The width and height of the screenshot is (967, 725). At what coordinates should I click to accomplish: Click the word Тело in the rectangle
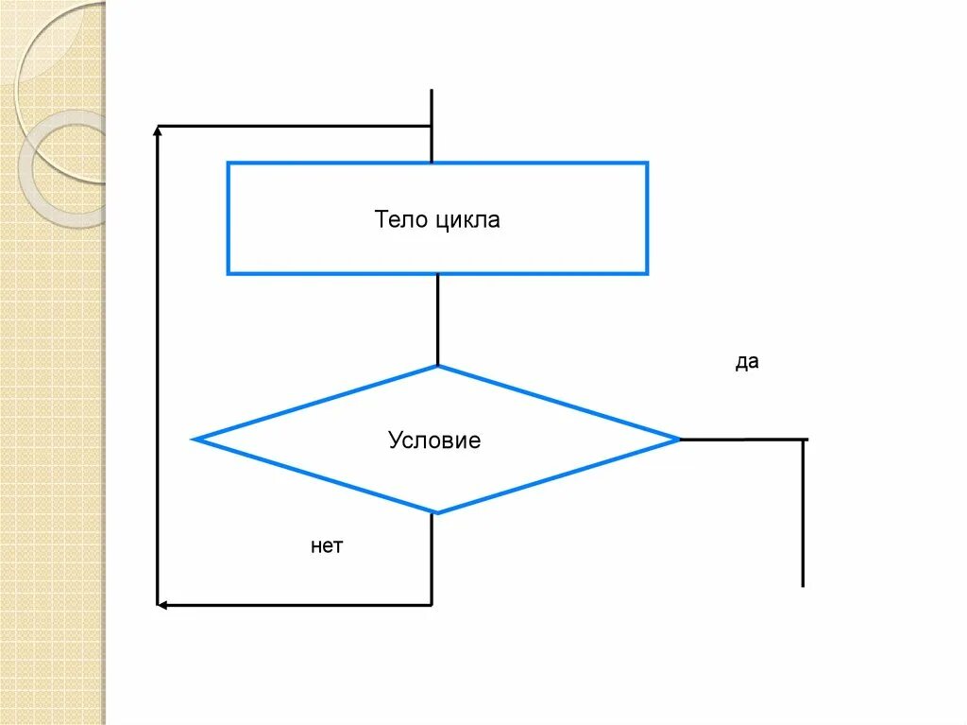tap(401, 221)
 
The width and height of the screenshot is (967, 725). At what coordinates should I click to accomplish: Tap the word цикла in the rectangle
tap(467, 222)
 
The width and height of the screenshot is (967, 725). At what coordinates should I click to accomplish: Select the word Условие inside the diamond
tap(434, 440)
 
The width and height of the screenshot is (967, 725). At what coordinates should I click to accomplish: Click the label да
tap(747, 363)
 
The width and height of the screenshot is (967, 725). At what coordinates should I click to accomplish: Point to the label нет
tap(327, 546)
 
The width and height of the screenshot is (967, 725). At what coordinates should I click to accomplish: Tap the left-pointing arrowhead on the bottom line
tap(162, 604)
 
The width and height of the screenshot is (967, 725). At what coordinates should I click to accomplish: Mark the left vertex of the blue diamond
tap(195, 440)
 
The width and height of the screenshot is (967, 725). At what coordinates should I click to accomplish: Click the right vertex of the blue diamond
tap(678, 440)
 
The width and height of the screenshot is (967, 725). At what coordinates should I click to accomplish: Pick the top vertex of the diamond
tap(437, 367)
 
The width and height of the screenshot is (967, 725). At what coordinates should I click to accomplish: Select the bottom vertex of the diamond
tap(435, 513)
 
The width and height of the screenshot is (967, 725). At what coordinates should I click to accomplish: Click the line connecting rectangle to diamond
tap(437, 319)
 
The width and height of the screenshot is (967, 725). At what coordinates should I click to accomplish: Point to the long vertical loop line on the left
tap(158, 369)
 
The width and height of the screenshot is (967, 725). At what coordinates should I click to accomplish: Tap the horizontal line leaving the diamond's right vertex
tap(741, 440)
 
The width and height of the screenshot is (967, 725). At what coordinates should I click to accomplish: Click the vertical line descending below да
tap(803, 515)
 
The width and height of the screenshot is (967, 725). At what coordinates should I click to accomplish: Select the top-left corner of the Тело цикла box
tap(229, 164)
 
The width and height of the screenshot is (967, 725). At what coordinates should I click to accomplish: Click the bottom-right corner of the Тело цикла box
tap(647, 273)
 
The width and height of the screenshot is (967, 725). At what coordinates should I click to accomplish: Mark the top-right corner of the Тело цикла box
tap(647, 164)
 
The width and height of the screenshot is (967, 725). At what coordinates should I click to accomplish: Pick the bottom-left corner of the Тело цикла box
tap(229, 273)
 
